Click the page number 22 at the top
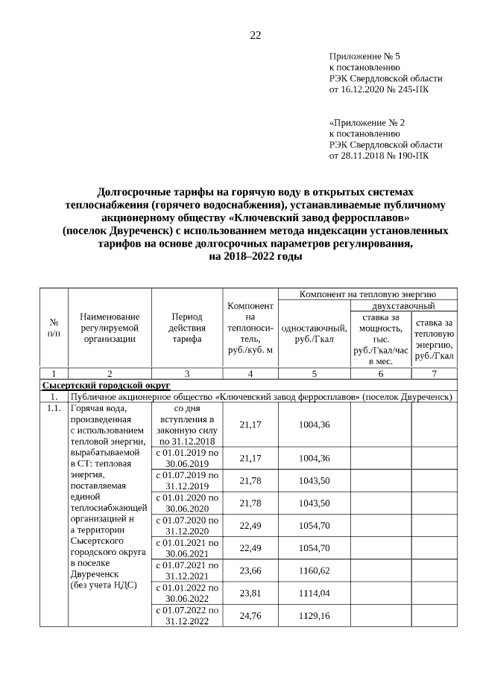click(x=255, y=36)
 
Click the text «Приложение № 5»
click(x=364, y=56)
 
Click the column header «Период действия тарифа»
click(x=186, y=327)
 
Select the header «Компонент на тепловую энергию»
click(x=367, y=294)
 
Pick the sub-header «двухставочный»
click(x=403, y=305)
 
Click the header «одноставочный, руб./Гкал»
click(x=314, y=333)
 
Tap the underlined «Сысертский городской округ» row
click(x=105, y=385)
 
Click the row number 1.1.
click(x=53, y=409)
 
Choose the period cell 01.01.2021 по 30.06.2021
click(x=186, y=548)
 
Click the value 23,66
click(x=250, y=571)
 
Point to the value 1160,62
click(x=314, y=571)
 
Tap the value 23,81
click(x=250, y=594)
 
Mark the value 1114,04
click(x=314, y=594)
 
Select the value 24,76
click(x=250, y=617)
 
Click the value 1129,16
click(x=314, y=617)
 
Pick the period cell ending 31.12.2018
click(x=186, y=425)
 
